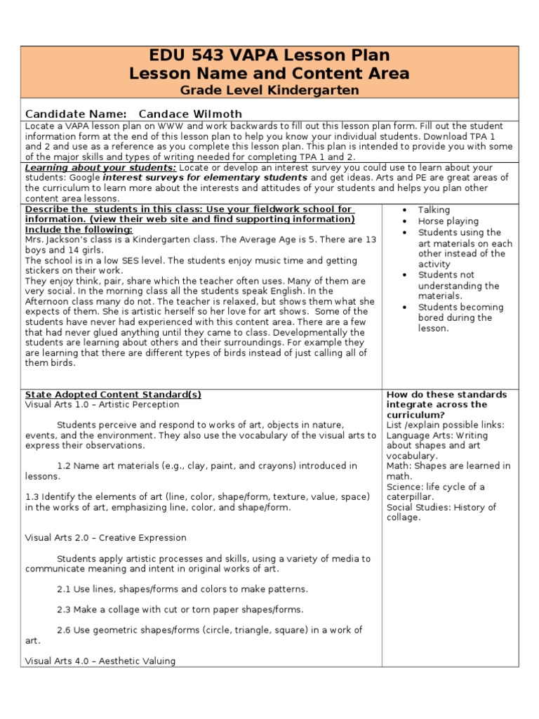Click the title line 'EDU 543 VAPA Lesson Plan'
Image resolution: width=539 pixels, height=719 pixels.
point(269,55)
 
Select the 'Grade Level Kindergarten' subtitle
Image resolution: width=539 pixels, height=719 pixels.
point(269,90)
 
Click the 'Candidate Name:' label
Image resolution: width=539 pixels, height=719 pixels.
point(76,114)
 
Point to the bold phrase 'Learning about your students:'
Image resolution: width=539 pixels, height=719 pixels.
point(100,169)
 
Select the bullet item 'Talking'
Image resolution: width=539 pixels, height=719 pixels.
point(434,210)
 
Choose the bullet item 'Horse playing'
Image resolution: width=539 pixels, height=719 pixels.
point(448,221)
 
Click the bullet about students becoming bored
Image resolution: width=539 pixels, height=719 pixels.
point(460,317)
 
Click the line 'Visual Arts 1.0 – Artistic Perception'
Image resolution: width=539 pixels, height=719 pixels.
point(102,404)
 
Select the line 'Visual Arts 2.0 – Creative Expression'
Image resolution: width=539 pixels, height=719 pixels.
point(105,538)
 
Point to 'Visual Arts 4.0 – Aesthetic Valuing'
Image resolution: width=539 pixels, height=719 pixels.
point(100,661)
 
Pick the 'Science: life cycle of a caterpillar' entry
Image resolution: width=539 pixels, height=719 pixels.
point(435,492)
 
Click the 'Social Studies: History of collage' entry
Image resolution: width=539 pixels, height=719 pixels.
point(441,512)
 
